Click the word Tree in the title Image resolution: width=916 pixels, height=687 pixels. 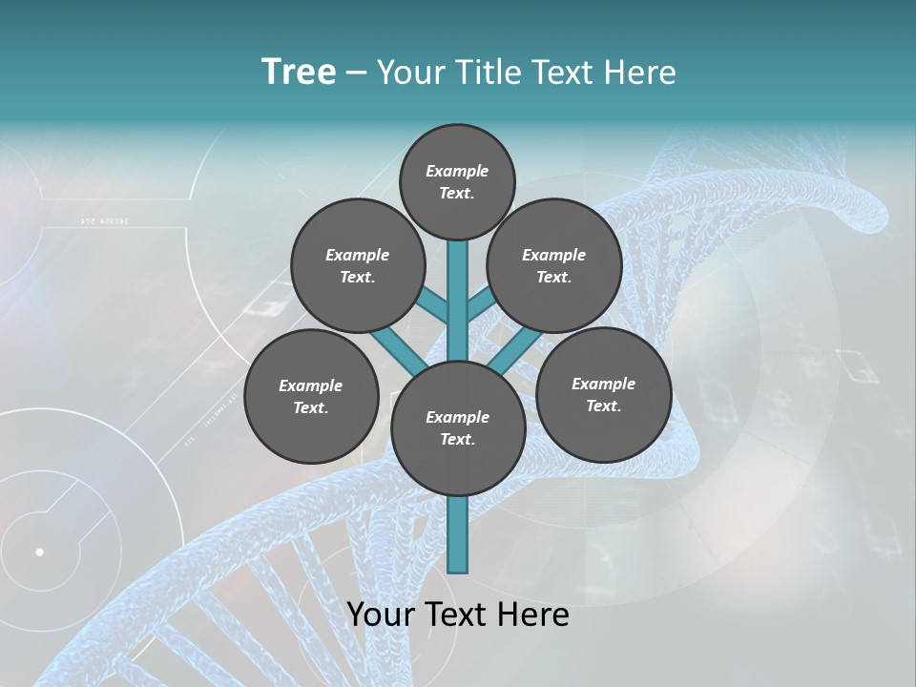(299, 73)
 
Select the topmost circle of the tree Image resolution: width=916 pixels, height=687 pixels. (457, 181)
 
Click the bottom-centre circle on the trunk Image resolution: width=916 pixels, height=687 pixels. (458, 428)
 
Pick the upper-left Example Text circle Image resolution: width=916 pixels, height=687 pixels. (358, 265)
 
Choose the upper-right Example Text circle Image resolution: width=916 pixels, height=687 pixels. (554, 265)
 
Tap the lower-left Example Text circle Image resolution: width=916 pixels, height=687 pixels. (311, 397)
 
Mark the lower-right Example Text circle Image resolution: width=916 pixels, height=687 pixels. (604, 395)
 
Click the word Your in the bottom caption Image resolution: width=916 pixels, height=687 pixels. (379, 614)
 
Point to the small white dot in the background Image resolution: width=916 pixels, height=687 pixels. (39, 552)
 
